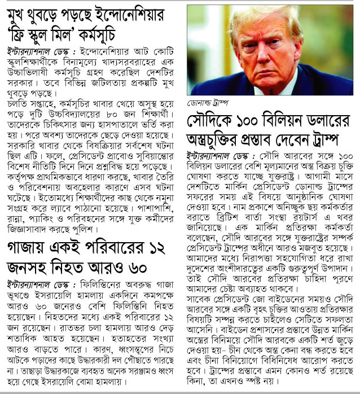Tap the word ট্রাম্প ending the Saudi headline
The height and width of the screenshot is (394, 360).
point(333,139)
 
